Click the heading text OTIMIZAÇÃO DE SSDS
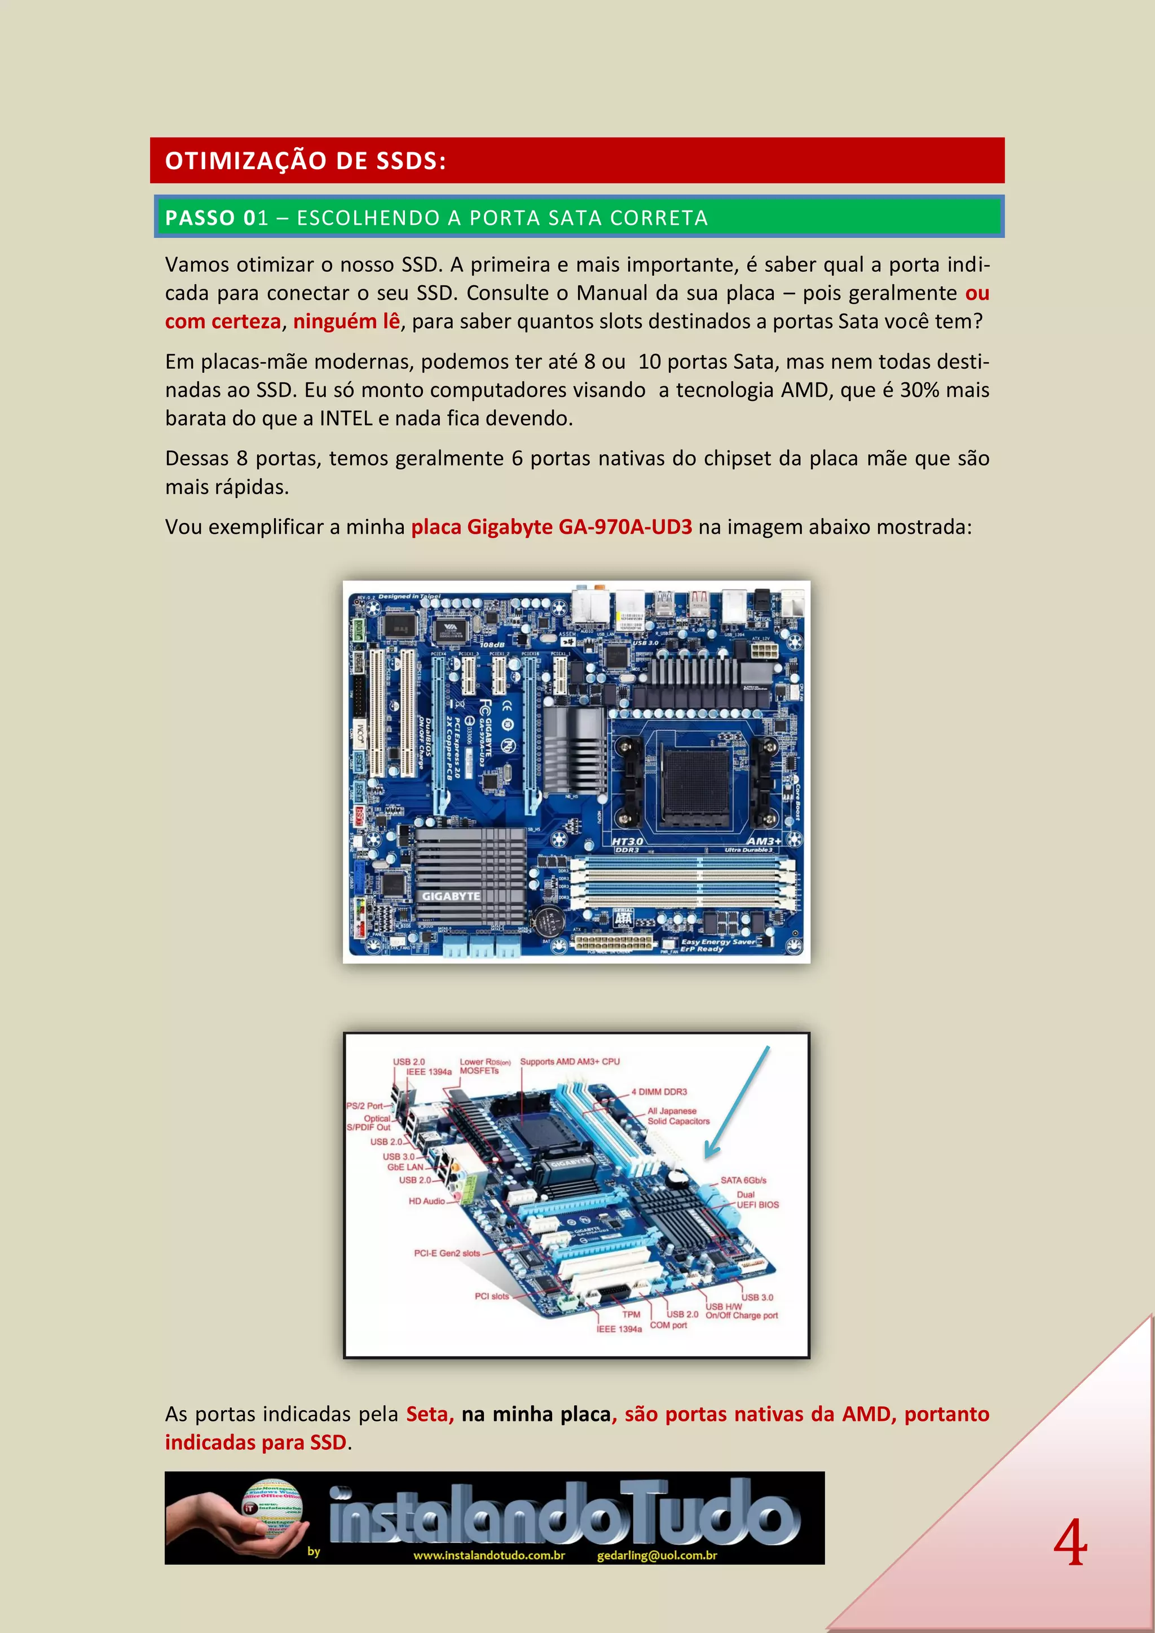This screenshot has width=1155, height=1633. click(305, 161)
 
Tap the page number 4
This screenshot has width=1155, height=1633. click(1070, 1543)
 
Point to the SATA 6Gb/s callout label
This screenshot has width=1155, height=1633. click(743, 1180)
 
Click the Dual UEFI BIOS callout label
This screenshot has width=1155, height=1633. click(756, 1199)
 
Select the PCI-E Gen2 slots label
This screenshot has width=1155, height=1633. click(447, 1253)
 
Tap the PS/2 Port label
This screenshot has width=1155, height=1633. click(364, 1106)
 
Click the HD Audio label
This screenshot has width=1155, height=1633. click(426, 1201)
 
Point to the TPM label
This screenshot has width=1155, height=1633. click(631, 1314)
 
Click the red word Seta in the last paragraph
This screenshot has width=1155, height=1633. click(429, 1414)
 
